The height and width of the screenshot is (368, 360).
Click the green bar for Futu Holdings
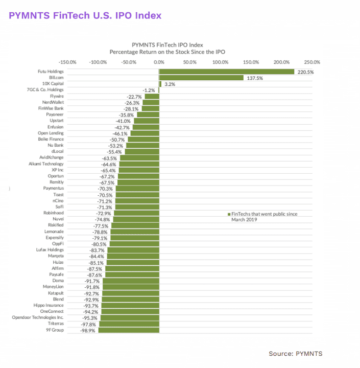point(226,72)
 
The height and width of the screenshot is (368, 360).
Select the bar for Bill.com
point(201,78)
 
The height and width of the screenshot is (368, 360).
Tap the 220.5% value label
point(305,72)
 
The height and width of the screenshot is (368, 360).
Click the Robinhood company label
point(54,213)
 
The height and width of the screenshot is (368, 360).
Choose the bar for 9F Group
point(129,330)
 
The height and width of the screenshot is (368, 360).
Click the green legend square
point(229,214)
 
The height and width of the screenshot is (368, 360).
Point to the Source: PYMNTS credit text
point(296,353)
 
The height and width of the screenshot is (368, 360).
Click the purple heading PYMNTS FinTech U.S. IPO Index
point(85,15)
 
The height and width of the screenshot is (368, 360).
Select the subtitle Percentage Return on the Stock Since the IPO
point(167,52)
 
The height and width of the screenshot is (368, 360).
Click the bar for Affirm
point(131,269)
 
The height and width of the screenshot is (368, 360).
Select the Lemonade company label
point(54,232)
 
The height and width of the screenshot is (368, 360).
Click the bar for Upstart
point(146,121)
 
